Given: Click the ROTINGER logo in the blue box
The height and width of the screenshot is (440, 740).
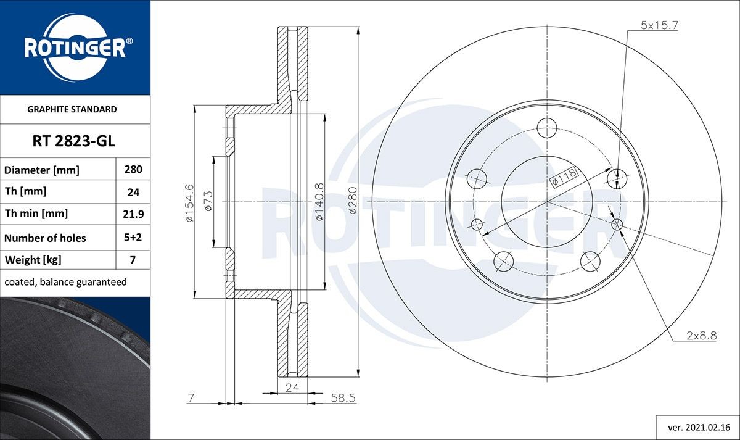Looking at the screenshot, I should (x=75, y=48).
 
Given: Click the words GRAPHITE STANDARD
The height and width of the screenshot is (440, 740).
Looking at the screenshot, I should (x=72, y=109).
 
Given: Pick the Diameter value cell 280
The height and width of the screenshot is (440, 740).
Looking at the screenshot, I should (x=133, y=169).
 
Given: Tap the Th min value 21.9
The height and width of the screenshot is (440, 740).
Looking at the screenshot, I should (x=133, y=214).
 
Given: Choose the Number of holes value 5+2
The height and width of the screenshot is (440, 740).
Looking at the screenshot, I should (x=133, y=238).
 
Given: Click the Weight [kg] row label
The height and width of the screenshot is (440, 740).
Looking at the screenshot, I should (x=33, y=260).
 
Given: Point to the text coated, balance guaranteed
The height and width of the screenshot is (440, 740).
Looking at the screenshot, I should (x=65, y=282).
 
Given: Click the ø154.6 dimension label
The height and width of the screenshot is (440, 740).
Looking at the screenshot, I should (x=190, y=202).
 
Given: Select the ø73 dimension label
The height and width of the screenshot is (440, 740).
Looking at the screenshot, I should (x=208, y=202).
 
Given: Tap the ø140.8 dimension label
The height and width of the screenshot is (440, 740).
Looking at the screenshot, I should (x=319, y=202).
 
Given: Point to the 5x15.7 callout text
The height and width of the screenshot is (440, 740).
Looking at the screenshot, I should (x=659, y=25).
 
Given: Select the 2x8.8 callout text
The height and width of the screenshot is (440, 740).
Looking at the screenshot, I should (x=701, y=336).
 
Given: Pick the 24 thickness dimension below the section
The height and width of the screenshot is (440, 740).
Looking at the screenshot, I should (x=292, y=387).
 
